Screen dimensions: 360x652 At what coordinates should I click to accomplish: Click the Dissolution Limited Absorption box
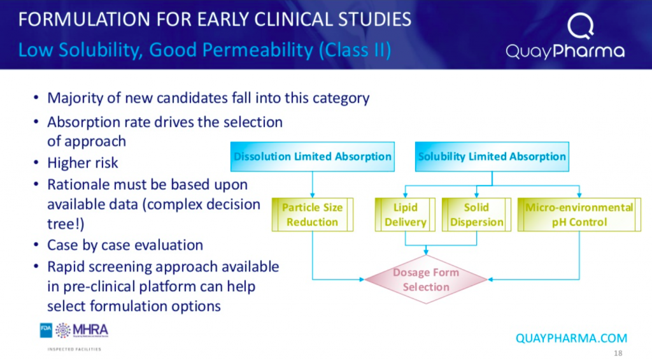coord(313,157)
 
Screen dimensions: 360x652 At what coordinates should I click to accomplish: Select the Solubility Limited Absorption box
coord(492,157)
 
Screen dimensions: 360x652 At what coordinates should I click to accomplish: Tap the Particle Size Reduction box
coord(312,215)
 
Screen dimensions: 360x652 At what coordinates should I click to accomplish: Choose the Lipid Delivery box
coord(405,215)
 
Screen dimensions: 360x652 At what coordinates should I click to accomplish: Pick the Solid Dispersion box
coord(476,215)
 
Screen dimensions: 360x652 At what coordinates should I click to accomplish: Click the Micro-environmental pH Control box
coord(579,215)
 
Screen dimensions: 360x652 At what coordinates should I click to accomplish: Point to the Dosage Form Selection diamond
coord(425,280)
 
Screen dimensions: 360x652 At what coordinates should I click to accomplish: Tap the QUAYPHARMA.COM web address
coord(571,338)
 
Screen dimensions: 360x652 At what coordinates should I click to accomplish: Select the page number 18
coord(618,354)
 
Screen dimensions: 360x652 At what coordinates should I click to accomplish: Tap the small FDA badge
coord(46,330)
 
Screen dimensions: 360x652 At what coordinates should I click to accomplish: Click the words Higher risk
coord(83,163)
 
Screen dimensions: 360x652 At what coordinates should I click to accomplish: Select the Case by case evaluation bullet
coord(125,245)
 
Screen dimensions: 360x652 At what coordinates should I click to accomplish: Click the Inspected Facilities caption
coord(74,349)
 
